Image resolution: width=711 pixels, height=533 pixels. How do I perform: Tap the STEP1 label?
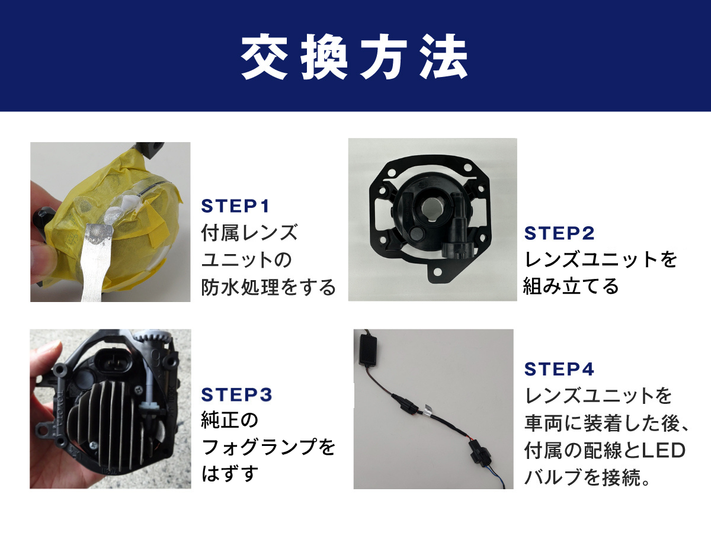pos(236,206)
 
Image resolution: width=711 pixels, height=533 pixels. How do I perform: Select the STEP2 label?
pos(559,233)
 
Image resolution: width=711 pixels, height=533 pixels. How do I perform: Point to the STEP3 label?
pos(236,394)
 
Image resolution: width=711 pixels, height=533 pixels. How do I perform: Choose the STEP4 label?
pos(559,369)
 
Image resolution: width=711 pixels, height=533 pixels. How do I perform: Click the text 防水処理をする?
pos(268,287)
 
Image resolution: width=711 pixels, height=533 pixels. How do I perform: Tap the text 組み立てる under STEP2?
pos(571,286)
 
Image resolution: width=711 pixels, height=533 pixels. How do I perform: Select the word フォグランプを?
pos(268,447)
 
